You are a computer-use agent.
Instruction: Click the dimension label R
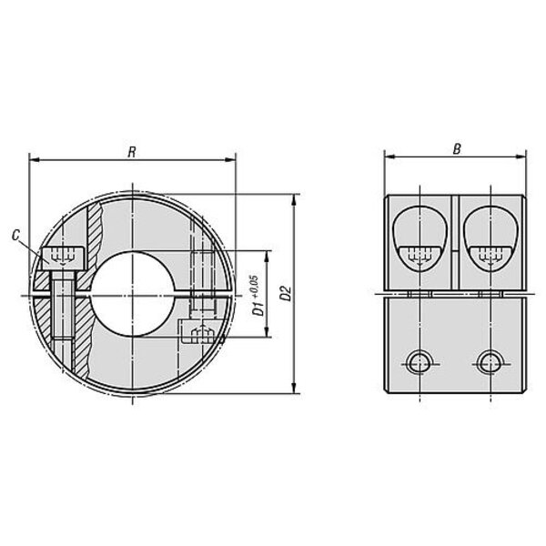132,152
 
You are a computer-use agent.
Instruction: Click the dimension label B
457,149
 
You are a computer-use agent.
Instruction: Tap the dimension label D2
286,293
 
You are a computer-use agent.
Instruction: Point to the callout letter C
15,236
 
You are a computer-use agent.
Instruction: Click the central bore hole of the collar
132,294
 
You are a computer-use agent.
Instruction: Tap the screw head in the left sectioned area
63,258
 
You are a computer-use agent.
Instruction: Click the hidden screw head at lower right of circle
201,333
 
